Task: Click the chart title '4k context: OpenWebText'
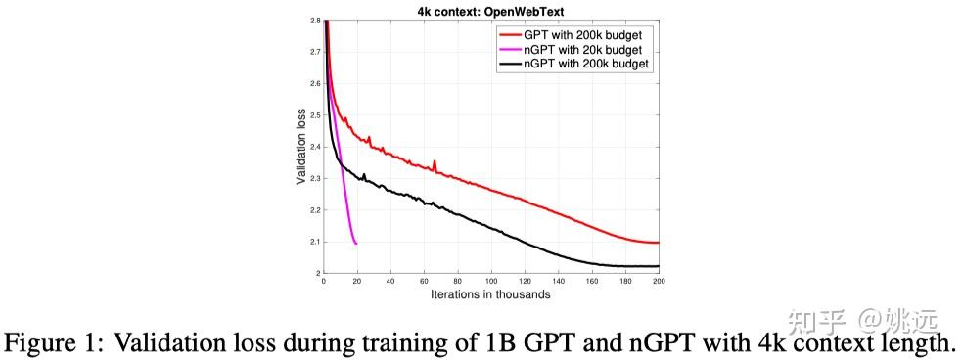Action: click(490, 11)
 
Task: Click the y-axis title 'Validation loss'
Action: click(301, 146)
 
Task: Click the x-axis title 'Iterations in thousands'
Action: click(490, 293)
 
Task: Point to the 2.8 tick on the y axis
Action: click(315, 21)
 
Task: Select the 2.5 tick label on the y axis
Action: click(315, 115)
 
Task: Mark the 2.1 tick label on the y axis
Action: click(315, 242)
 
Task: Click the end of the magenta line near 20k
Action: click(356, 243)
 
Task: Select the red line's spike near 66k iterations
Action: click(435, 162)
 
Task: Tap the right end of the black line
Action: click(659, 266)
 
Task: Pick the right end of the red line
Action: click(659, 243)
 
